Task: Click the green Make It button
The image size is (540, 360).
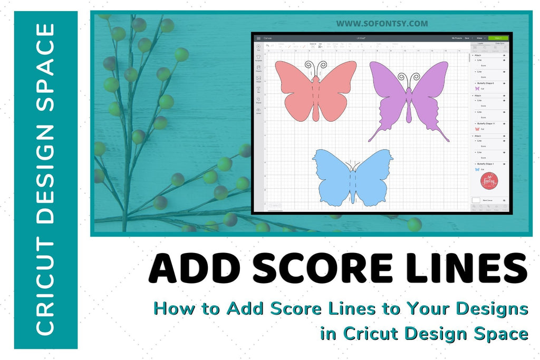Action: click(498, 38)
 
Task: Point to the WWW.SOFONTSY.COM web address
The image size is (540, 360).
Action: click(382, 24)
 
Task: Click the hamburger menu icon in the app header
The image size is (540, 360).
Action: click(258, 38)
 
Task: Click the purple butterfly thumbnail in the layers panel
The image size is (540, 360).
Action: click(477, 89)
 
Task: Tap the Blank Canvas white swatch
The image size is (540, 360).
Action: click(476, 201)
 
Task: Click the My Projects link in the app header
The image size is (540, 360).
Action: click(457, 38)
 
